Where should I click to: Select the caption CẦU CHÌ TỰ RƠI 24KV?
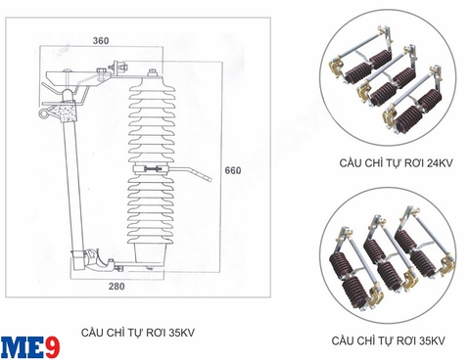pyautogui.click(x=386, y=165)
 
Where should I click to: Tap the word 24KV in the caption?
pyautogui.click(x=428, y=165)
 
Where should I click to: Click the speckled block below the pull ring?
pyautogui.click(x=68, y=114)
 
